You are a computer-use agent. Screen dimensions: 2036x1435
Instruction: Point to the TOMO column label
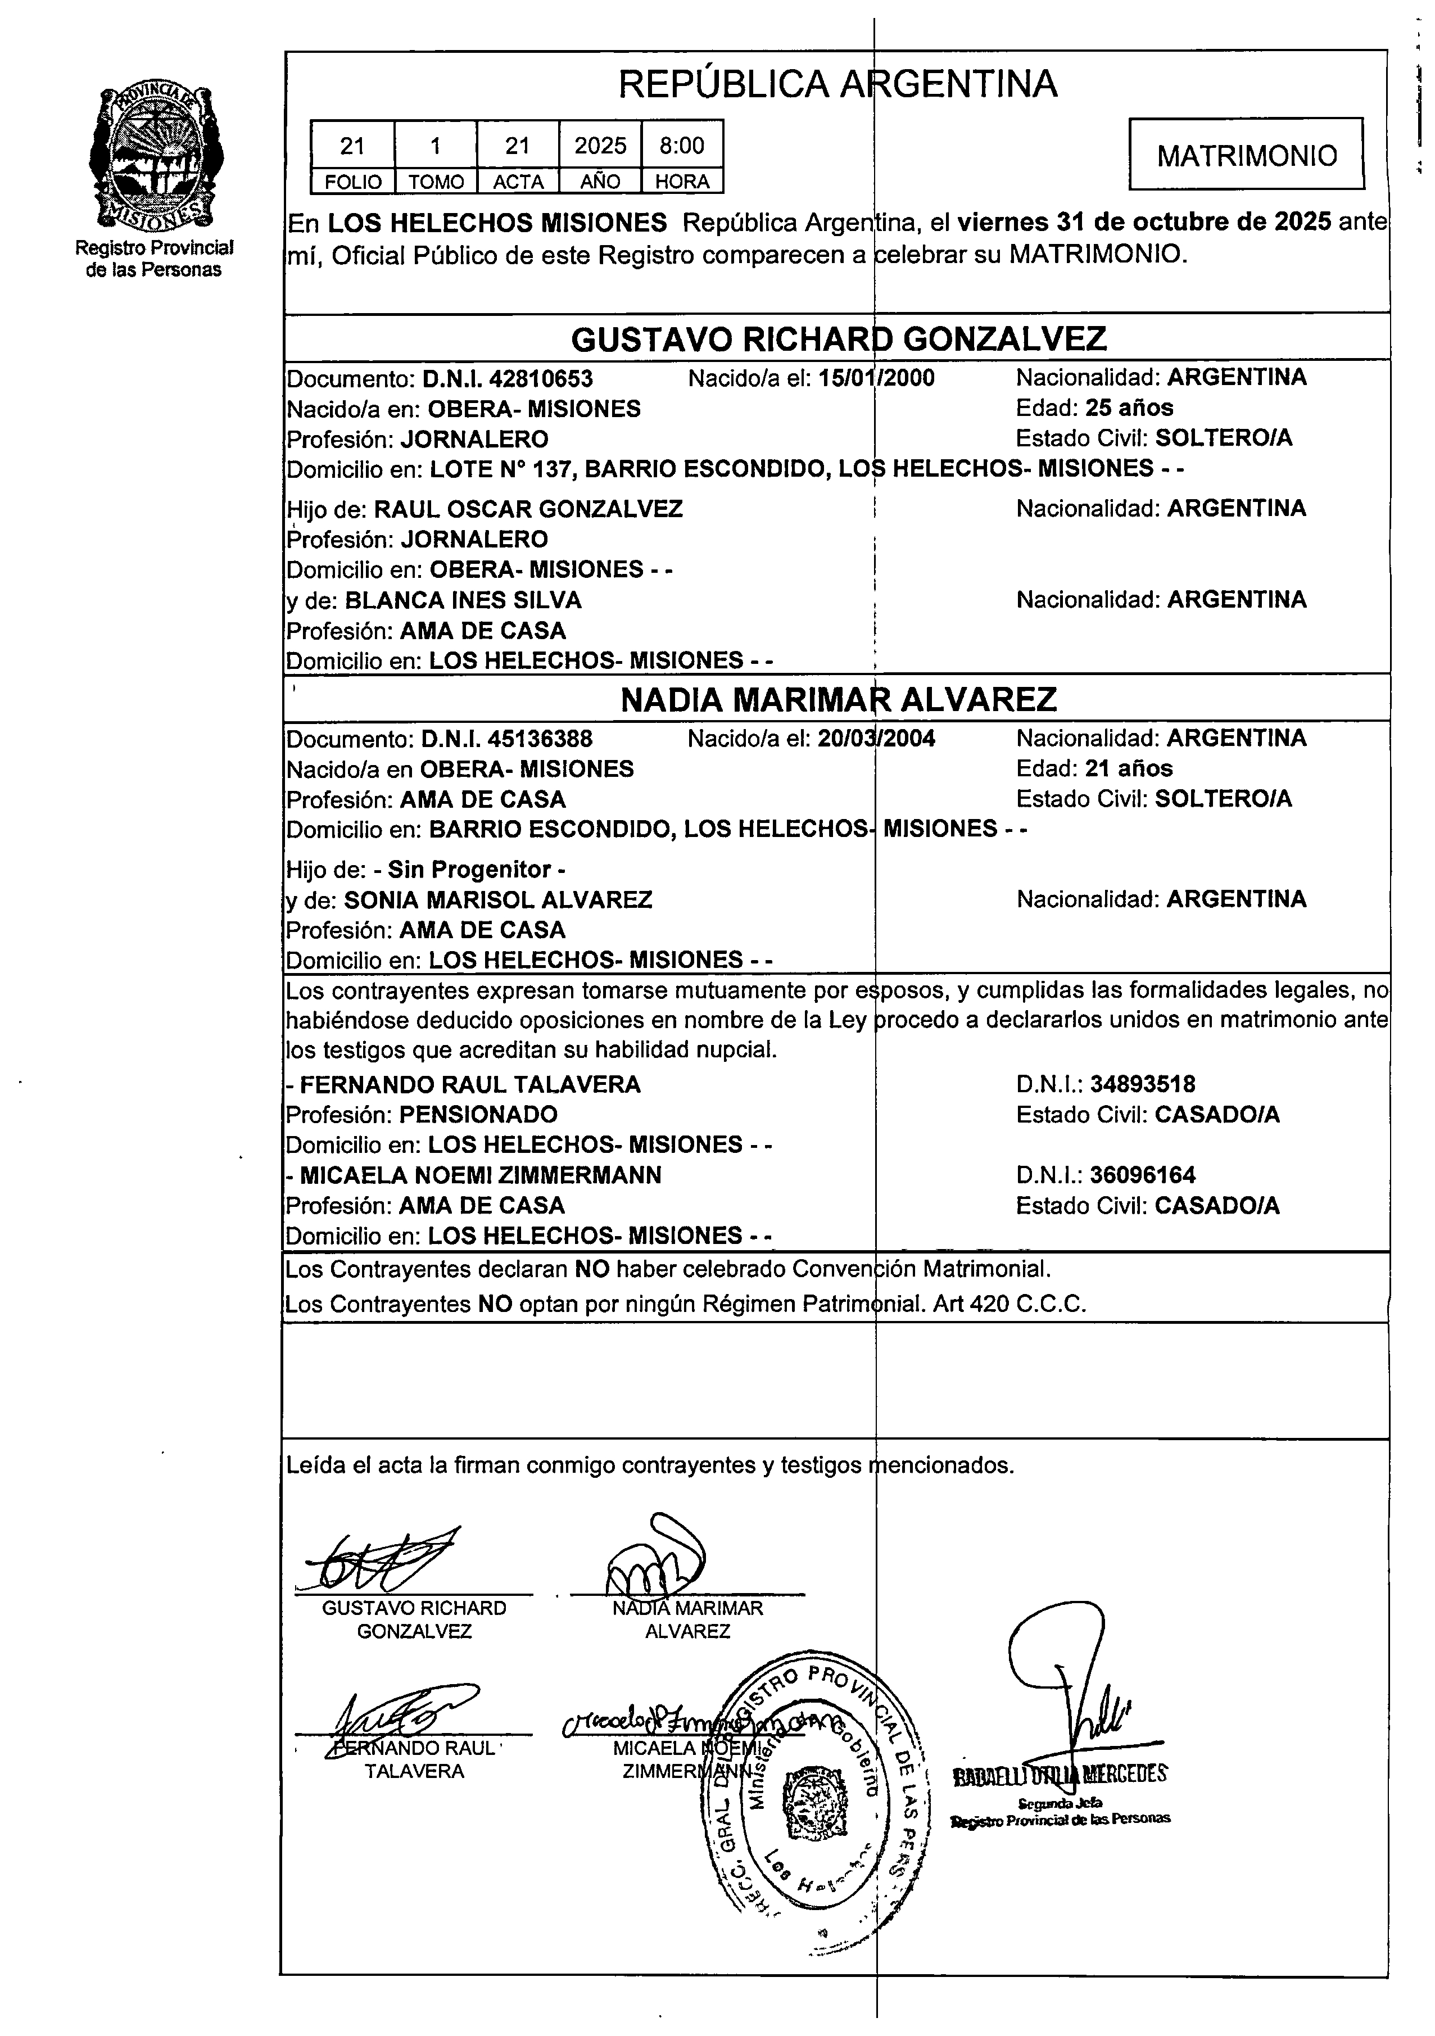tap(436, 182)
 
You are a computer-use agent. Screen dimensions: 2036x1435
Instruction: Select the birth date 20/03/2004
tap(875, 739)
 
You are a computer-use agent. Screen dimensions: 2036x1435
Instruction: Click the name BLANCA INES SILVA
tap(463, 600)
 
